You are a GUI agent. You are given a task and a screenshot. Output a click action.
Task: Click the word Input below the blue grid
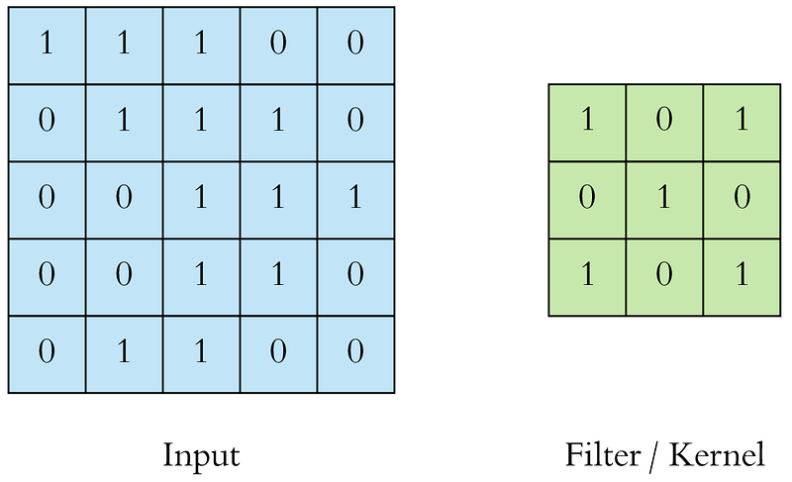201,456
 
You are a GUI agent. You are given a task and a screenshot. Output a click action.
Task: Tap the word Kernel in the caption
717,454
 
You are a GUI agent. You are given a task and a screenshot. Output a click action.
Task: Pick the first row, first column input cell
47,46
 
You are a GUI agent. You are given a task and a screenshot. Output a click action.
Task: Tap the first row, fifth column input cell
355,46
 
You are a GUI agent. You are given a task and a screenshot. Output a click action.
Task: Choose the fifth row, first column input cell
47,354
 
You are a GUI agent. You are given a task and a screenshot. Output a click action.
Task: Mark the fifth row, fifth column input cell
355,354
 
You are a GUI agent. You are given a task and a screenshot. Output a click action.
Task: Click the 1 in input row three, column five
355,196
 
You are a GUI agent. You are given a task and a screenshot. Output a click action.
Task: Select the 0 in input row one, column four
278,43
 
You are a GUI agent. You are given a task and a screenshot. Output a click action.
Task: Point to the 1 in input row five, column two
125,350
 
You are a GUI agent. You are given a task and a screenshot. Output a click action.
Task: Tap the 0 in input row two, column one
47,120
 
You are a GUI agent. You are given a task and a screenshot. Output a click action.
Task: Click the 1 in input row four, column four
278,274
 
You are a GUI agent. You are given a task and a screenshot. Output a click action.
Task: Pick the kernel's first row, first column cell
587,123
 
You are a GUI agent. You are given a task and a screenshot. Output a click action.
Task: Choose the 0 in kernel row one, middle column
664,120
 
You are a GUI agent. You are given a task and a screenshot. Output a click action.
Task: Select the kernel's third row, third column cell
742,277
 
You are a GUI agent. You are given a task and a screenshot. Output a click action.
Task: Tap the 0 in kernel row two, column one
587,196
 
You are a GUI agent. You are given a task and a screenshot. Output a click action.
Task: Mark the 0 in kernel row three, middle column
664,274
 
